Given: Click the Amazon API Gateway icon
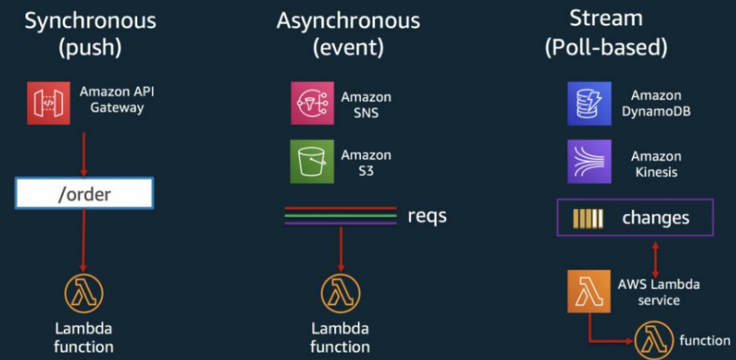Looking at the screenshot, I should pos(48,103).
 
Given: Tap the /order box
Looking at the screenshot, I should pos(84,194).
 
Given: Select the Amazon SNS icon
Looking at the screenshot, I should pos(311,103).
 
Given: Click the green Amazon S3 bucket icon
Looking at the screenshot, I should pos(311,161).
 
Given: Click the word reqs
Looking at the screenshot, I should pos(427,216).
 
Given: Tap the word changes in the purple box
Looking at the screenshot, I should pos(655,218).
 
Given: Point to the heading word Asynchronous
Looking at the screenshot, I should pos(348,20).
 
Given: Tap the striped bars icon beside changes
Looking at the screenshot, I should pos(588,218).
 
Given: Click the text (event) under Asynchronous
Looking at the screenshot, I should pos(348,47).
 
